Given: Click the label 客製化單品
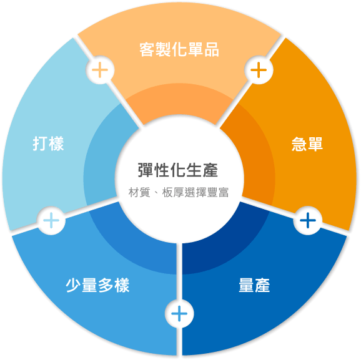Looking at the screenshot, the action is click(179, 49).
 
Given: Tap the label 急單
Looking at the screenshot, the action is click(307, 144).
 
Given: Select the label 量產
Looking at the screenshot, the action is click(254, 285).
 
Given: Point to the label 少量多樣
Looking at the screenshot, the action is click(97, 285).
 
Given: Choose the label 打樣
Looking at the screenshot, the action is click(48, 144).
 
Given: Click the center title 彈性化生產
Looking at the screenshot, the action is click(178, 170).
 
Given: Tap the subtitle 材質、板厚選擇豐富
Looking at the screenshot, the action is click(179, 192).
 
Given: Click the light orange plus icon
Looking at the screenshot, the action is click(100, 70).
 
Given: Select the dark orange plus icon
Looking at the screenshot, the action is click(259, 70).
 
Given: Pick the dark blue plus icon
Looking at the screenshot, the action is click(308, 220).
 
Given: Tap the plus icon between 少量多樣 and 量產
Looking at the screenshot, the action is click(179, 314).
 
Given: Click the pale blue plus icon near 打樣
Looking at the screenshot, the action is click(51, 220).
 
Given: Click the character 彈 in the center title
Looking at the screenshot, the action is click(146, 170).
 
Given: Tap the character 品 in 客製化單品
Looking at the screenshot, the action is click(212, 49).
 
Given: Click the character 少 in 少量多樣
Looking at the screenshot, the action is click(73, 285).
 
